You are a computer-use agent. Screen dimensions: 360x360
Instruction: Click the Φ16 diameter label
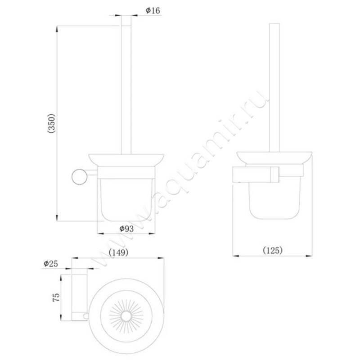click(153, 10)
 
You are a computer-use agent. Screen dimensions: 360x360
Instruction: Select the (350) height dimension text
click(51, 123)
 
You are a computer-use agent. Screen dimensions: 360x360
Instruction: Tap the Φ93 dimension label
click(126, 229)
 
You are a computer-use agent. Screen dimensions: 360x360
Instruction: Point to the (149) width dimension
click(118, 252)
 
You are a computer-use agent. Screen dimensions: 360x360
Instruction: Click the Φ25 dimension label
click(51, 264)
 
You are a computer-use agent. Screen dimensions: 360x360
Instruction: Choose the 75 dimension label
click(56, 297)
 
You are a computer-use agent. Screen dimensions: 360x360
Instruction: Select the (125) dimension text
click(273, 250)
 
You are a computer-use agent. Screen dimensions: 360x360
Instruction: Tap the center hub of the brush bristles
click(126, 316)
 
